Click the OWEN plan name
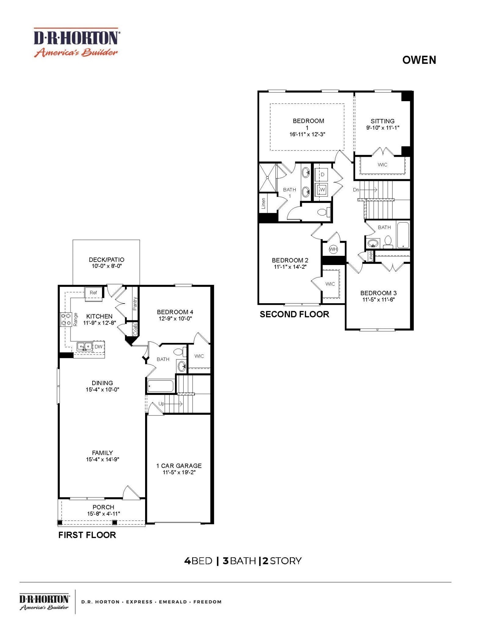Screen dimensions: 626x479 point(419,60)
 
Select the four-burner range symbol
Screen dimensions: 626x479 point(66,319)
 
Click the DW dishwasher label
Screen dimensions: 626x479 point(98,347)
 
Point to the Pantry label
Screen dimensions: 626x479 point(135,304)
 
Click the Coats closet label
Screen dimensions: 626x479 point(135,329)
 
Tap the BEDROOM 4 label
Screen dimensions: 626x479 point(175,312)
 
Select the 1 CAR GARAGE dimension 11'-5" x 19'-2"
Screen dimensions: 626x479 point(179,473)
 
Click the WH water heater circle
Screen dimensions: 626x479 point(333,249)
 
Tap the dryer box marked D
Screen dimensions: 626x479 point(322,175)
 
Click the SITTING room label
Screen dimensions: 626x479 point(382,121)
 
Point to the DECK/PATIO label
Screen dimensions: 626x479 point(107,260)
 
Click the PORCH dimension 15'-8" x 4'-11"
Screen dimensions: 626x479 point(104,514)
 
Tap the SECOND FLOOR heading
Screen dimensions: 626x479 point(294,314)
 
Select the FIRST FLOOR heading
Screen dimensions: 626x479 point(87,535)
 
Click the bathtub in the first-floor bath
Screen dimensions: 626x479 point(160,386)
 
